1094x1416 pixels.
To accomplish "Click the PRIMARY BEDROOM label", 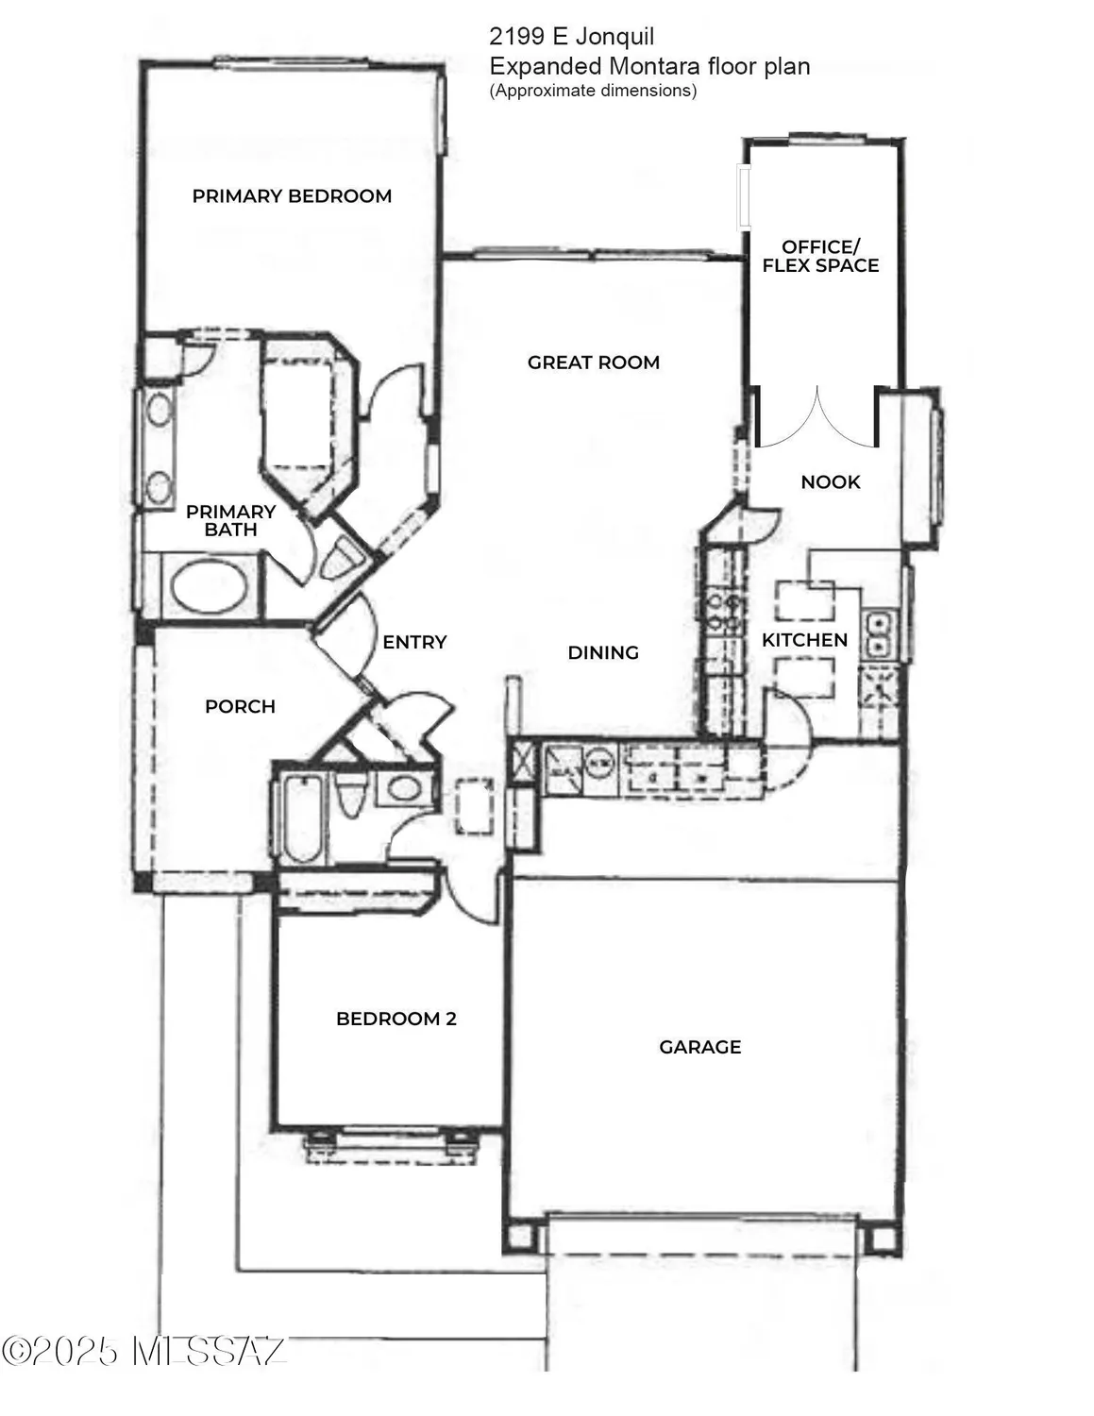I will click(292, 196).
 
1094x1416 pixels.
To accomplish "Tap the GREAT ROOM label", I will click(593, 362).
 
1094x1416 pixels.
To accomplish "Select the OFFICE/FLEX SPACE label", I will click(820, 257).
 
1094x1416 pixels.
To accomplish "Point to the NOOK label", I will click(830, 482).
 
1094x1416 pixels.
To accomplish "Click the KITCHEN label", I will click(804, 640).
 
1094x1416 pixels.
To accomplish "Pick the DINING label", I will click(603, 653).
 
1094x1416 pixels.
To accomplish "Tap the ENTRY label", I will click(414, 643).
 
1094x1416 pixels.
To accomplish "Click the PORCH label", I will click(240, 707).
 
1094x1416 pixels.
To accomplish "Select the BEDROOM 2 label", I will click(396, 1020).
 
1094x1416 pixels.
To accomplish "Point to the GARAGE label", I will click(699, 1047).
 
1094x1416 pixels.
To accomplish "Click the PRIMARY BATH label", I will click(230, 520).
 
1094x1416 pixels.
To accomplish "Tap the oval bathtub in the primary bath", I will click(209, 586).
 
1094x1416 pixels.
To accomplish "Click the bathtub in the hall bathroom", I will click(301, 818).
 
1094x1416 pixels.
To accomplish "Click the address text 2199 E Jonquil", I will click(571, 37).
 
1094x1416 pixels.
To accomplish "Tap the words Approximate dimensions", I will click(593, 91).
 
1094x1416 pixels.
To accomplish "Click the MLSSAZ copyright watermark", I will click(143, 1351).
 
